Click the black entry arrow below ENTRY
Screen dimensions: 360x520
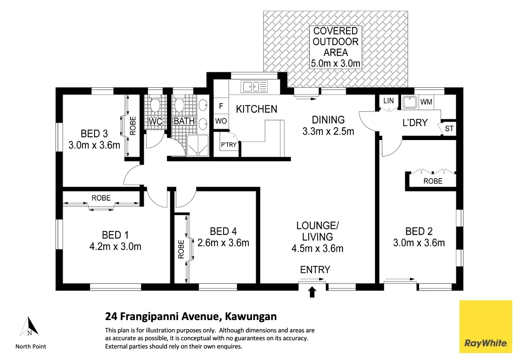[x=313, y=292]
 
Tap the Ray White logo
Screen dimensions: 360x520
[x=486, y=326]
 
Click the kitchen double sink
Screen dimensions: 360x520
[x=255, y=86]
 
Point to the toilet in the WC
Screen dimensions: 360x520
[x=156, y=106]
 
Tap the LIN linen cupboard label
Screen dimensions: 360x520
[x=388, y=101]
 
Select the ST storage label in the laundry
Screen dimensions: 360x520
[x=449, y=129]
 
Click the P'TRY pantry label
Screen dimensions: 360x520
[x=229, y=145]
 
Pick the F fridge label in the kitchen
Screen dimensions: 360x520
[x=221, y=106]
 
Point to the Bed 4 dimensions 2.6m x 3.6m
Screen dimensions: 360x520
[x=223, y=242]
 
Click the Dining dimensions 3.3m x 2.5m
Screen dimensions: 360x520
[x=328, y=131]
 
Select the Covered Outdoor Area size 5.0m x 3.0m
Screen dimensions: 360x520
[x=336, y=63]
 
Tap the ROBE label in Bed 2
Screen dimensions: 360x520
[x=433, y=181]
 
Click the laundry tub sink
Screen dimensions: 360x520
[x=409, y=102]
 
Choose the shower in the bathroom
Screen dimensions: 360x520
[x=197, y=146]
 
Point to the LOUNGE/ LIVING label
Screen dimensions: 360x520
[x=317, y=231]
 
